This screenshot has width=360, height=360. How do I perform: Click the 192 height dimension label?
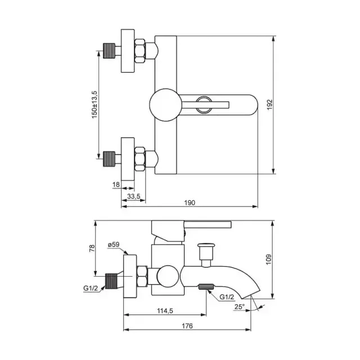tap(270, 105)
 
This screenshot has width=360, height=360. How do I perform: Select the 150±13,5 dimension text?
tap(94, 105)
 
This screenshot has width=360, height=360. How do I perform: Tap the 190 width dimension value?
tap(190, 202)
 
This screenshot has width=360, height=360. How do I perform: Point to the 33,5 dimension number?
tap(134, 196)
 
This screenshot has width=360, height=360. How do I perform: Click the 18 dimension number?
tap(116, 184)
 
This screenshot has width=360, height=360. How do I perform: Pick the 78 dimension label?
tap(92, 248)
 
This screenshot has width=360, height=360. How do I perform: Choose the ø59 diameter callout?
tap(114, 245)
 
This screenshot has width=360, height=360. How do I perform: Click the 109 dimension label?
tap(269, 259)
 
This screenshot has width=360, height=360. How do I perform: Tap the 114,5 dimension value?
tap(165, 311)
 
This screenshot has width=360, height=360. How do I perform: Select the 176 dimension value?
tap(187, 326)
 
